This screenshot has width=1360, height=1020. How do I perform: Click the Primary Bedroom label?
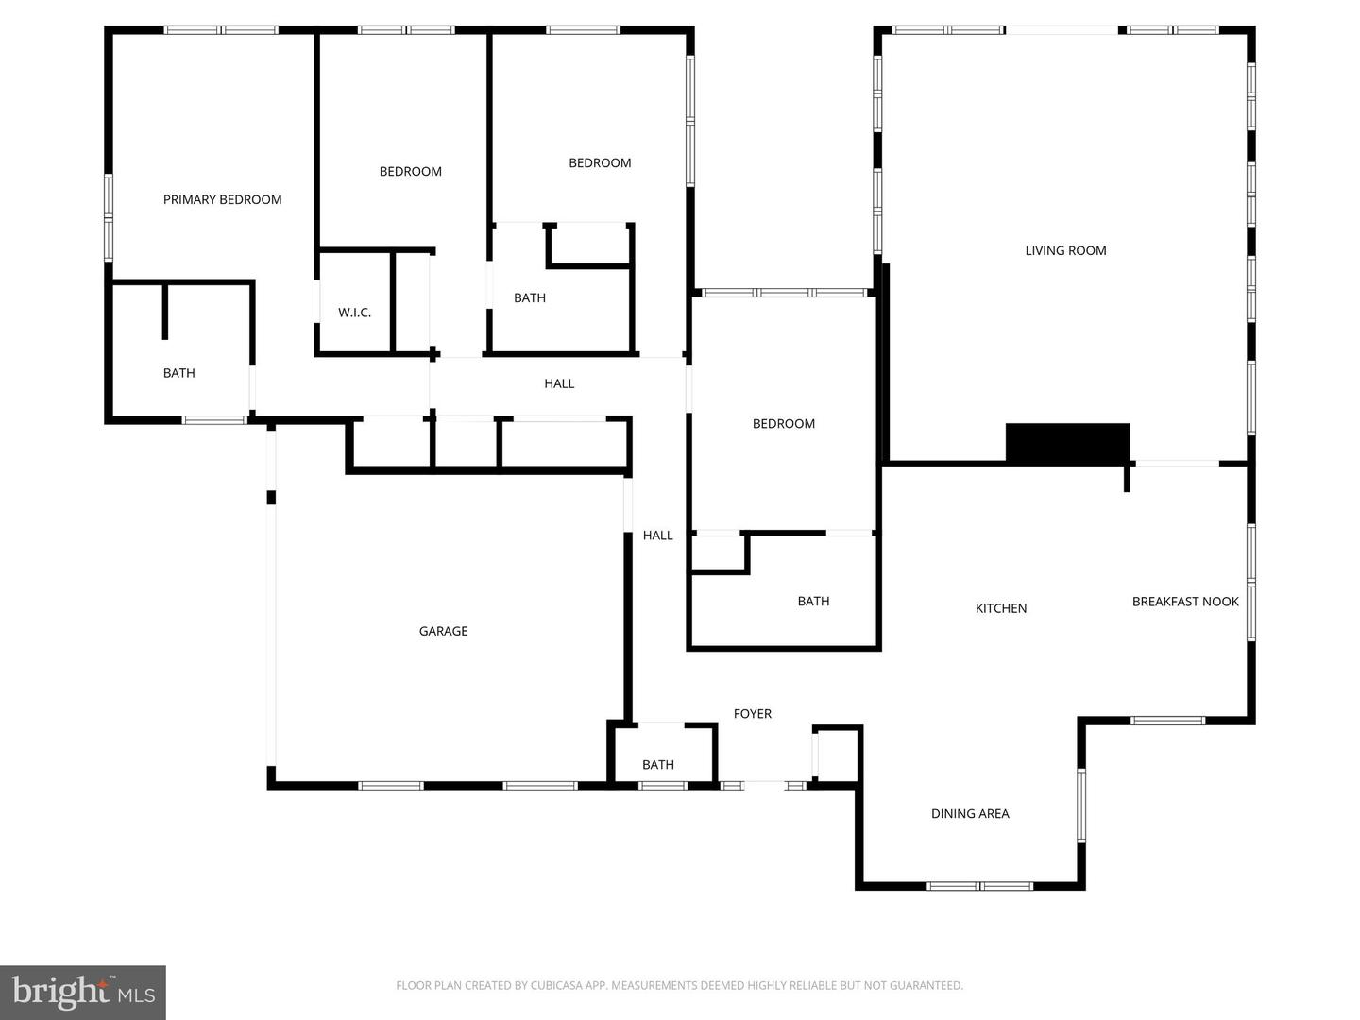[223, 199]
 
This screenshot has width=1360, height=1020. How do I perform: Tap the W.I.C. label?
[354, 313]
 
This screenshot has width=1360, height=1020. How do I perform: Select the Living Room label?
[1065, 251]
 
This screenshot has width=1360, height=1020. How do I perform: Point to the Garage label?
[444, 631]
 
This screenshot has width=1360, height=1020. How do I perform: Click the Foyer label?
[753, 714]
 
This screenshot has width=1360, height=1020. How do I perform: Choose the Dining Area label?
[970, 814]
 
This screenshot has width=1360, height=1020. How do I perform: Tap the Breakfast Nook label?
[1185, 602]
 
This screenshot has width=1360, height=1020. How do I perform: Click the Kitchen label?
[1001, 609]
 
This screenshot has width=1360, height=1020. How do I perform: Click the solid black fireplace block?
[1067, 443]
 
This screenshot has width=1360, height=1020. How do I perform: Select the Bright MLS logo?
[83, 993]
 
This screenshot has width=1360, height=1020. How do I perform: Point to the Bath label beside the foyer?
[658, 765]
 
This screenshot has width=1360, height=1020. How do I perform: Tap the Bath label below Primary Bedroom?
[179, 373]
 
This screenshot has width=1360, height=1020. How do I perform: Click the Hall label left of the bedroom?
[658, 535]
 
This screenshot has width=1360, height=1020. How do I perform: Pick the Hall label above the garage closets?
[559, 384]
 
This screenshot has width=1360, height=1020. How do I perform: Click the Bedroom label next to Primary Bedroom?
[411, 172]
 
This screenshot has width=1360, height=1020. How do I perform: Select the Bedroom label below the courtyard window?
[784, 424]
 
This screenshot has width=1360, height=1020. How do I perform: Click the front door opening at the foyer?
[765, 785]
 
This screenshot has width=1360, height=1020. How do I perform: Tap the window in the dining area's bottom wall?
[979, 886]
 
